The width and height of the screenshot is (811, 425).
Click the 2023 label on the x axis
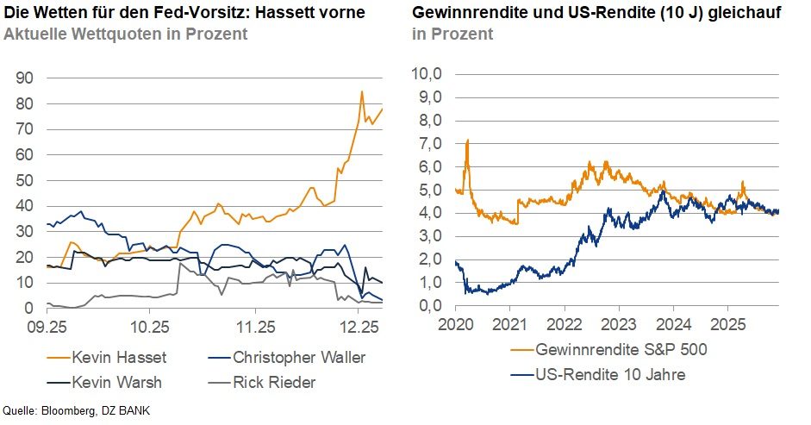618,325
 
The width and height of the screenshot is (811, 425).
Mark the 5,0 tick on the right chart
429,190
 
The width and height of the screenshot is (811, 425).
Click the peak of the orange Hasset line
361,91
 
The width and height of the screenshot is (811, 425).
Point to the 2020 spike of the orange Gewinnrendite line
466,141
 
